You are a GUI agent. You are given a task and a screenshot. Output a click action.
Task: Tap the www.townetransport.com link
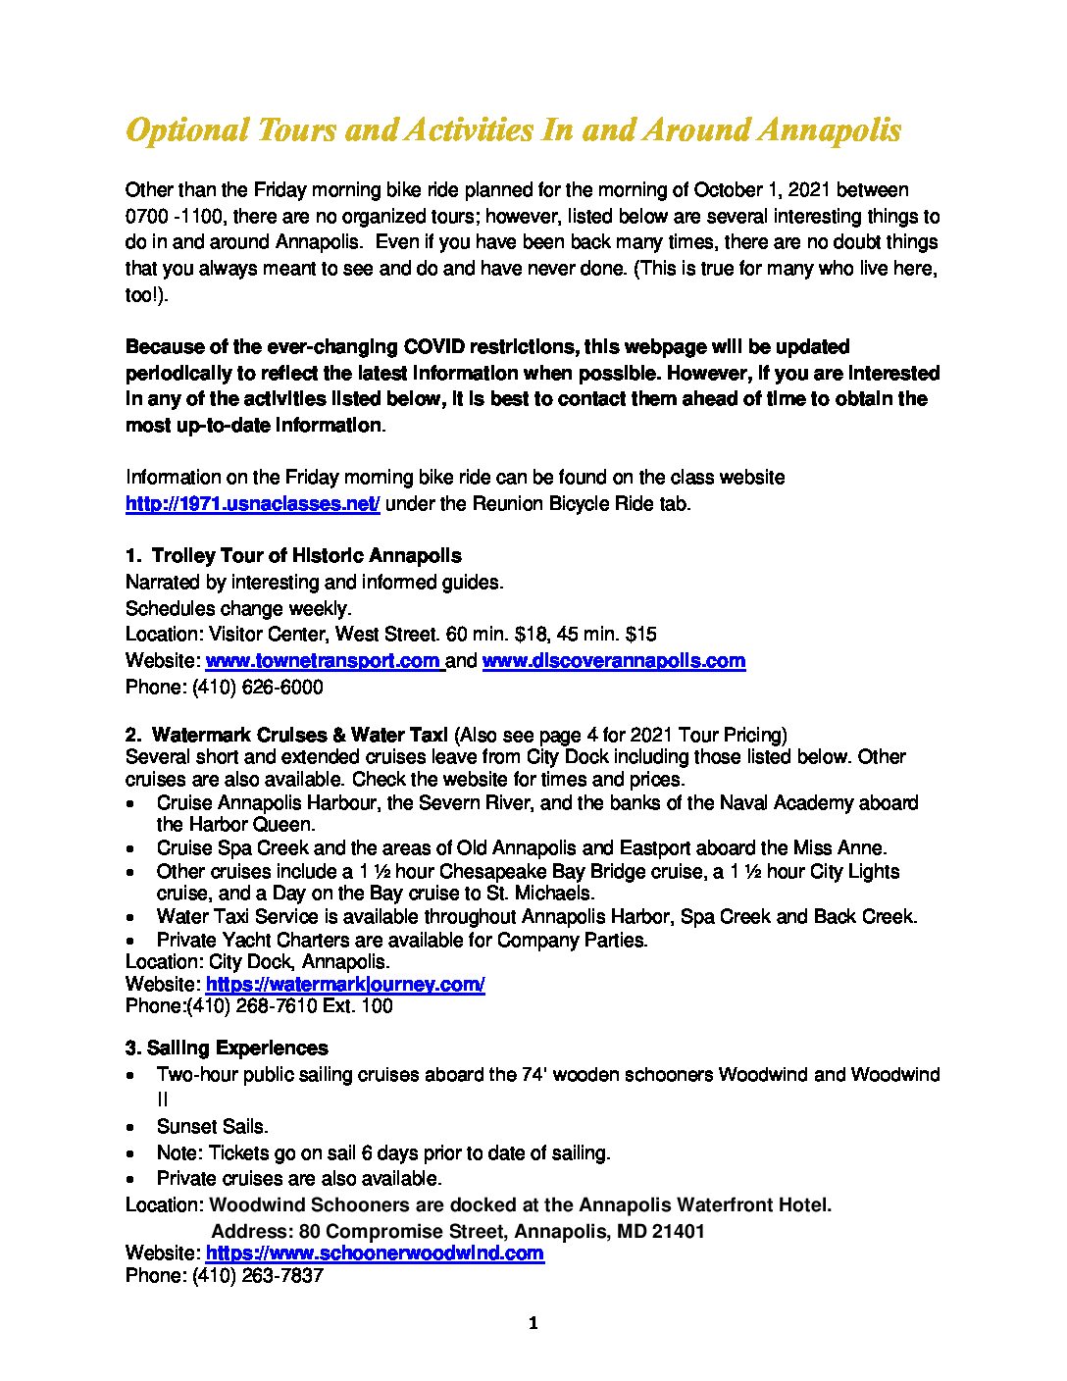tap(324, 661)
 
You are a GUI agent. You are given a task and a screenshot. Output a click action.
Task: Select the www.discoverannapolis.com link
tap(614, 661)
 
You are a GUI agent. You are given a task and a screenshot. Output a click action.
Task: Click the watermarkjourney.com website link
tap(345, 984)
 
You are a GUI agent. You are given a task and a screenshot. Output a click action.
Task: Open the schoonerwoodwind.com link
tap(375, 1253)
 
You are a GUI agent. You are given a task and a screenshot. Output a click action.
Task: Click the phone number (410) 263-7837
tap(257, 1277)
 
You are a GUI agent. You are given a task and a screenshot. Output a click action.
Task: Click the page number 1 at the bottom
tap(533, 1324)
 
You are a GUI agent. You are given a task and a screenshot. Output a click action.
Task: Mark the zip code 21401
tap(679, 1231)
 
